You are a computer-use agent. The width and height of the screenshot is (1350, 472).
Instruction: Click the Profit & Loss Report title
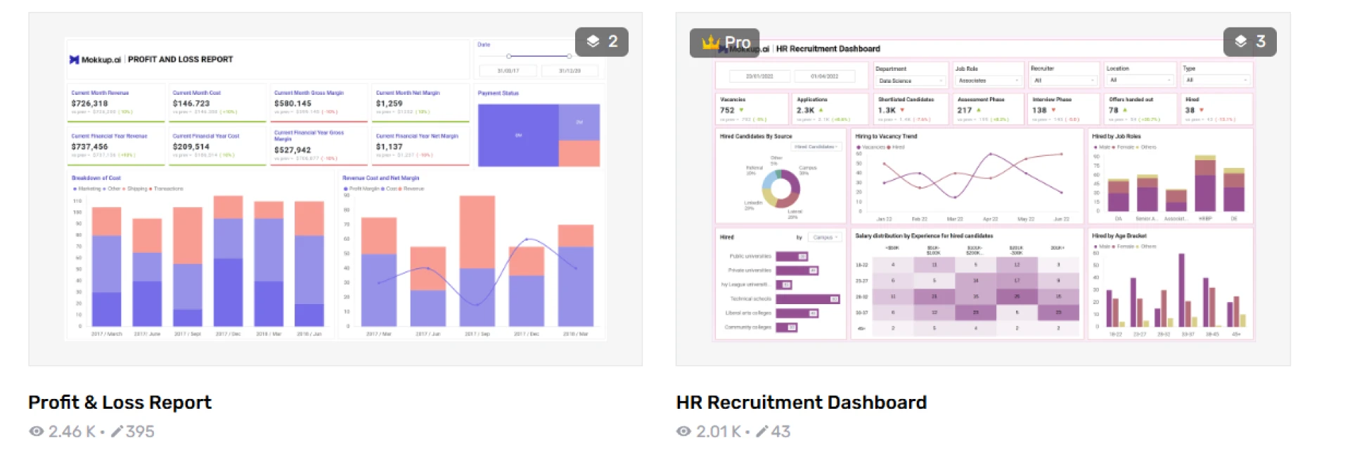[120, 402]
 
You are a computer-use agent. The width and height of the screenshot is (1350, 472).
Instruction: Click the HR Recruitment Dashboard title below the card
[801, 402]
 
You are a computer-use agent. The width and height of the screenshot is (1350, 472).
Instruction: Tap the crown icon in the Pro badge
[710, 43]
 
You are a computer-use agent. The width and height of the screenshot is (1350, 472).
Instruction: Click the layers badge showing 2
[601, 41]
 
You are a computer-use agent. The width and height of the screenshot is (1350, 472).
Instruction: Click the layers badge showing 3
[1249, 41]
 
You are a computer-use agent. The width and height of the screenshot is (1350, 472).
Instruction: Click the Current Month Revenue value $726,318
[89, 103]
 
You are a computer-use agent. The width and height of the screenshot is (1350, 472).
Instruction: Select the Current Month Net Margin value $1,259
[389, 103]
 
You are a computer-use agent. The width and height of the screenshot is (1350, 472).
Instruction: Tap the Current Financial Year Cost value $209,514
[191, 147]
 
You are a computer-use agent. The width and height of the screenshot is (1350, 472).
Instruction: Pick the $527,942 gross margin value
[292, 150]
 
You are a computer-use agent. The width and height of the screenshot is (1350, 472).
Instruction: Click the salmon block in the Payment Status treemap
[579, 152]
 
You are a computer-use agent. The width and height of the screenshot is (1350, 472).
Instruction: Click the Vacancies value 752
[727, 110]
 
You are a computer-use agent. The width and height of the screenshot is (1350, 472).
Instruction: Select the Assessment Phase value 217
[964, 110]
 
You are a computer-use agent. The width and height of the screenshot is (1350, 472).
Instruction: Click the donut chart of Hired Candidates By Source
[780, 188]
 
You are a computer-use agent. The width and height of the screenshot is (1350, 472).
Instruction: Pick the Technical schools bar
[807, 299]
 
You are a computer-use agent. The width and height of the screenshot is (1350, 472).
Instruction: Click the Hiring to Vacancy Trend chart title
[886, 136]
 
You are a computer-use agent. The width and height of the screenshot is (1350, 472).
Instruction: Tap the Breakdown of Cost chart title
[96, 178]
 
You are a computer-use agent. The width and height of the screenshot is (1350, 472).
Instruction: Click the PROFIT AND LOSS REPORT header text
[180, 60]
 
